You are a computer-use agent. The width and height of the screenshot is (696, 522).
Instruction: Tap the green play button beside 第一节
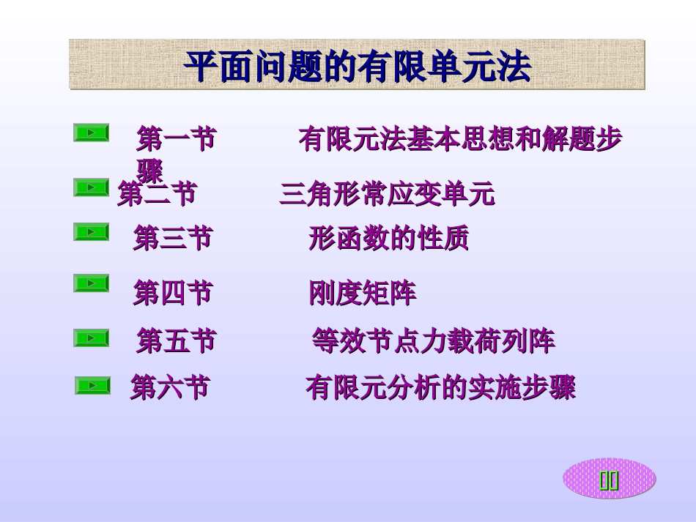[91, 133]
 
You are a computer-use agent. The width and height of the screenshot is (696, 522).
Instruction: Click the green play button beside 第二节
[91, 188]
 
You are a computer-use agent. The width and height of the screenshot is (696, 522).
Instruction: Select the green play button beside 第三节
[91, 232]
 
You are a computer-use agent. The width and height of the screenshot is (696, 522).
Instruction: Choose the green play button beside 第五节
[91, 338]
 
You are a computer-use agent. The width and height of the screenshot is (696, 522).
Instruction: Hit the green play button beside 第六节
[92, 385]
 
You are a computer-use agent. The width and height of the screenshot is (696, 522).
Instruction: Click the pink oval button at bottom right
[609, 480]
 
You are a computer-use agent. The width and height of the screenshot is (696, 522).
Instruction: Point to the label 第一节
[176, 138]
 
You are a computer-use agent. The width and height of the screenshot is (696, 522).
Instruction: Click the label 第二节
[157, 195]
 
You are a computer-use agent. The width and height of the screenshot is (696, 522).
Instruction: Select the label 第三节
[172, 239]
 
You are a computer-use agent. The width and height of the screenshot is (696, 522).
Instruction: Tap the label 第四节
[172, 294]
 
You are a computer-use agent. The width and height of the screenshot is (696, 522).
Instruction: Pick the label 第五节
[176, 340]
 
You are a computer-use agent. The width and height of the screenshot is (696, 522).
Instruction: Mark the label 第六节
[169, 387]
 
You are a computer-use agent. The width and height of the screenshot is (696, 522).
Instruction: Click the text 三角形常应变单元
[387, 195]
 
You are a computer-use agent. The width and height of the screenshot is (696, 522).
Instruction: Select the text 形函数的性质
[388, 239]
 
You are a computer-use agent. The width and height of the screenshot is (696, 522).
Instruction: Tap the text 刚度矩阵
[362, 294]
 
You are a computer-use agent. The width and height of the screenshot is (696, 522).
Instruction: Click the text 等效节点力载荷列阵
[433, 340]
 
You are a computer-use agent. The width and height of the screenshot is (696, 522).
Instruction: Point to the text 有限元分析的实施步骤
[440, 388]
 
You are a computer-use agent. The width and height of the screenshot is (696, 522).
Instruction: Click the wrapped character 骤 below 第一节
[150, 169]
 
